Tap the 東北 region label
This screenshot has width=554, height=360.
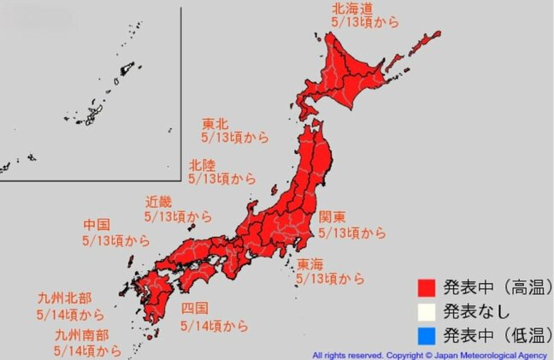215,122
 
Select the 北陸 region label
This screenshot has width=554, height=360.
202,164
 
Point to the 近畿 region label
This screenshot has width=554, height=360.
159,203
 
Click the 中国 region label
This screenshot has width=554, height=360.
96,225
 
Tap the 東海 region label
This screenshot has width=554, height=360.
310,263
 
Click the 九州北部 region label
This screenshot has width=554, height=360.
62,298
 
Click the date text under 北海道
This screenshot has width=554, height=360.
365,23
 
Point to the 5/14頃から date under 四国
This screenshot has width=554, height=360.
215,326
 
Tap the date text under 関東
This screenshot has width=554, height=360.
351,232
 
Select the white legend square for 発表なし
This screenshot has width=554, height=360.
427,310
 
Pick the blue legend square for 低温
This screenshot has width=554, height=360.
427,334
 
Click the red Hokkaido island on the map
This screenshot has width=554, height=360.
359,68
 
